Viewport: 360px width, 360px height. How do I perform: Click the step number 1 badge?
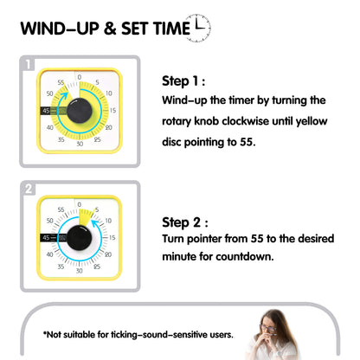click(29, 64)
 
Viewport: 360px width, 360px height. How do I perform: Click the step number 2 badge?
click(29, 188)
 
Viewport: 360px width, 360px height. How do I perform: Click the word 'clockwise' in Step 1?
click(251, 120)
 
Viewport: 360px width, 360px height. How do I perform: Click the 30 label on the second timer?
click(80, 272)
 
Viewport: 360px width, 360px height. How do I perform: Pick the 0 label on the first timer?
click(80, 78)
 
